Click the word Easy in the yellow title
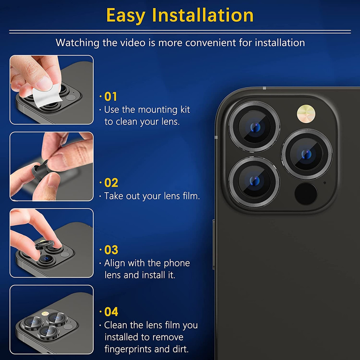pos(126,15)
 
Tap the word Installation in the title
pos(203,15)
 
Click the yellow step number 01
pos(111,96)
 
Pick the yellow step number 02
pos(111,183)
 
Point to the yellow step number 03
pos(111,250)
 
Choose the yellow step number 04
pos(111,312)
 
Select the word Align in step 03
pos(114,264)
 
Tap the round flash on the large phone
pos(306,114)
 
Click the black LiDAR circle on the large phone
pos(306,194)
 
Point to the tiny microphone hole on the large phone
pos(324,183)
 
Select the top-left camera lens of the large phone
pos(254,126)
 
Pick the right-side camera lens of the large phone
pos(306,154)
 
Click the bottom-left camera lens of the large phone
pos(254,182)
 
